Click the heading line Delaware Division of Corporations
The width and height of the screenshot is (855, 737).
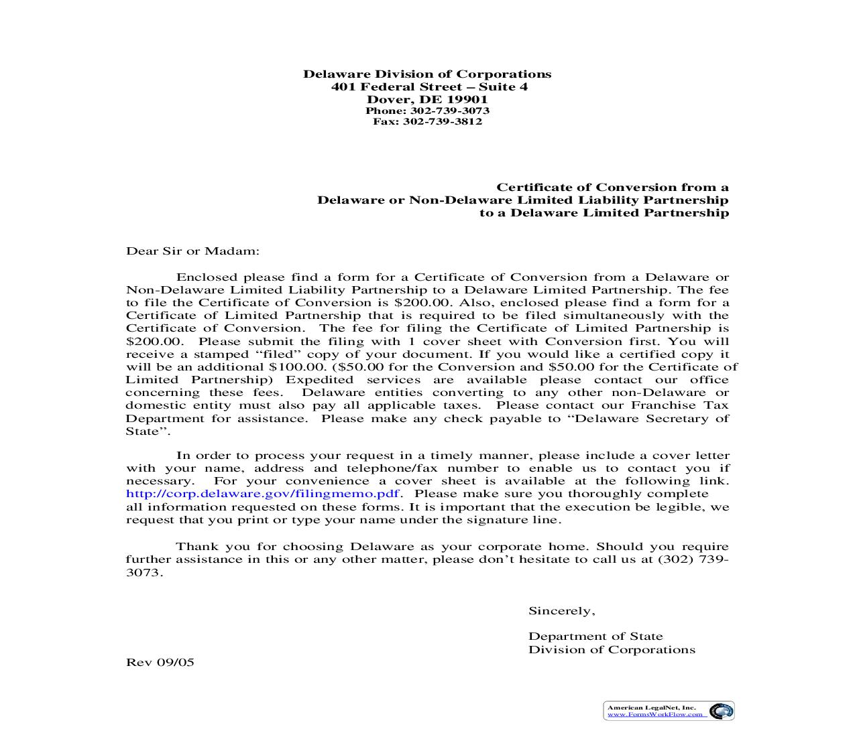[427, 74]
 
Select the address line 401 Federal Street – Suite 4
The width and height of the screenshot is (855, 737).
[429, 87]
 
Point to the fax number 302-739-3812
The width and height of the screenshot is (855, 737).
[442, 121]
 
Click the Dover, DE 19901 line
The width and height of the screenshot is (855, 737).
[427, 100]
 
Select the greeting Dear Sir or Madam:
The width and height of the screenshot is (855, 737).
[192, 251]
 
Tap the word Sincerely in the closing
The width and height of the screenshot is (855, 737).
[561, 610]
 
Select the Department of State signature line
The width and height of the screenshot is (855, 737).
[595, 636]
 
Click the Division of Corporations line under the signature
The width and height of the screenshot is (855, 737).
[612, 649]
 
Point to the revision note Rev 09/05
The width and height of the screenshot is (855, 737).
[160, 662]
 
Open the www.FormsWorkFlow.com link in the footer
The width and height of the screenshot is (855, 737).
[656, 714]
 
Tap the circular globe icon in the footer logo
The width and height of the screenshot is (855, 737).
[721, 711]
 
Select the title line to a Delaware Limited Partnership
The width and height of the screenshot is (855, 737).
[604, 213]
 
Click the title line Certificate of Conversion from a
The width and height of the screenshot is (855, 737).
[612, 188]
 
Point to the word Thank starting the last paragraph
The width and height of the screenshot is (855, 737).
[197, 546]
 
